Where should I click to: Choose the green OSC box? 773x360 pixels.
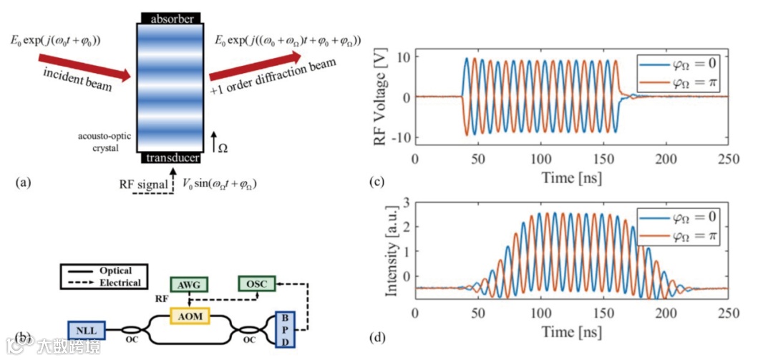click(256, 284)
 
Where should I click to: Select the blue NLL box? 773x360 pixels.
click(86, 331)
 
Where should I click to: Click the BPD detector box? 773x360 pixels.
click(284, 330)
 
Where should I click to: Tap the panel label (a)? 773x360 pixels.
click(22, 183)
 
